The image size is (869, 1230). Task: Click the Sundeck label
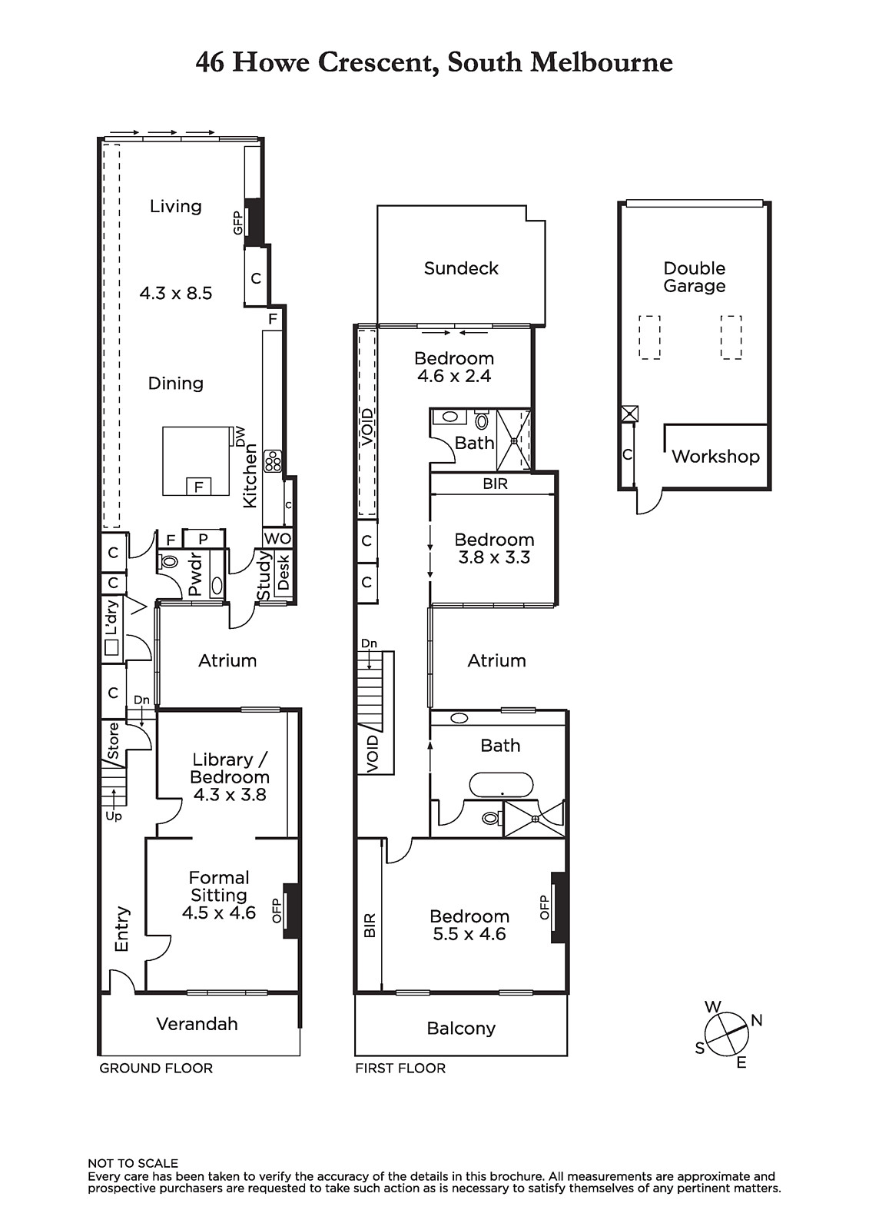(460, 268)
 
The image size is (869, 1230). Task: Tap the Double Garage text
(694, 277)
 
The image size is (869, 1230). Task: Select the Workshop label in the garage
(715, 457)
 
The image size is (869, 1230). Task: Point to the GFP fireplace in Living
(254, 222)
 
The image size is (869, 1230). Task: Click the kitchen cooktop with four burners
(272, 461)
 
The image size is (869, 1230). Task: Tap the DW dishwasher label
(240, 437)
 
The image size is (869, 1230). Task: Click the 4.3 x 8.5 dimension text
(176, 293)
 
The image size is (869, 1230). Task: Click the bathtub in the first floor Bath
(501, 786)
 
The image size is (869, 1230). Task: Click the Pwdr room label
(195, 574)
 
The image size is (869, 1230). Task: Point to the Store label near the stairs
(113, 741)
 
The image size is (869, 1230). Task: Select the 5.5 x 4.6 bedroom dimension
(469, 934)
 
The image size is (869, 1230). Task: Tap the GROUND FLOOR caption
(156, 1068)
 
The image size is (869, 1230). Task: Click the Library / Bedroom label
(230, 768)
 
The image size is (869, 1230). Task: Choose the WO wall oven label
(277, 538)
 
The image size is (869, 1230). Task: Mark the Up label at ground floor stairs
(114, 816)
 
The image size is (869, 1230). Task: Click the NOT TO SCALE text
(133, 1164)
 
